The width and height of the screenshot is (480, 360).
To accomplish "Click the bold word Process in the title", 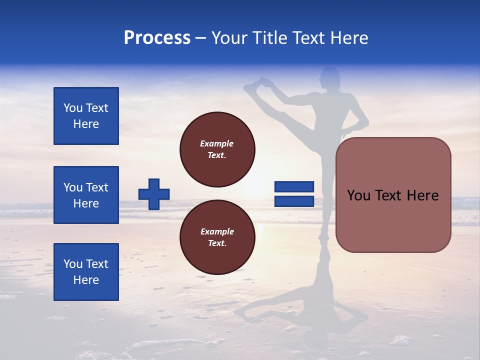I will [157, 38].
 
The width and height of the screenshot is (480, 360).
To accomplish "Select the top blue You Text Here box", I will [86, 116].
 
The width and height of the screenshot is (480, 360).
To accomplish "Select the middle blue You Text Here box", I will [86, 195].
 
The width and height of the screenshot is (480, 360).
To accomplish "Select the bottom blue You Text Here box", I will [86, 272].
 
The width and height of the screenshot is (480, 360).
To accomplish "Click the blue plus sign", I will [154, 194].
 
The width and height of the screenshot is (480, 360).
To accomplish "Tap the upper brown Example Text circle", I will [217, 149].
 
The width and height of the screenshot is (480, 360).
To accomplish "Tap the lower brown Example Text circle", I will [217, 237].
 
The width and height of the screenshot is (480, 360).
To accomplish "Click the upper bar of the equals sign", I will [294, 186].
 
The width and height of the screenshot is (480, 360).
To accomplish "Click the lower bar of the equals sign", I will [294, 201].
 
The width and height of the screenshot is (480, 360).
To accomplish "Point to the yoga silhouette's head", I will [330, 77].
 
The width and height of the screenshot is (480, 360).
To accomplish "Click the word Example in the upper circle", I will [216, 143].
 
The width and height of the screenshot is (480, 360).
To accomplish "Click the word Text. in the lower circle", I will [217, 243].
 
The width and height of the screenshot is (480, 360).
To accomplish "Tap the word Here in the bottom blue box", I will [86, 280].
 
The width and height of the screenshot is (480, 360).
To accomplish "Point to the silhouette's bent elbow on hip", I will [364, 121].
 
